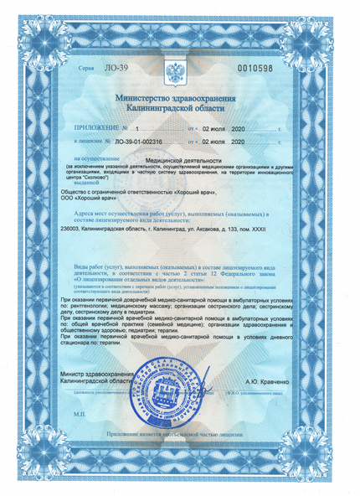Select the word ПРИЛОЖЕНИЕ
tap(92, 130)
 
